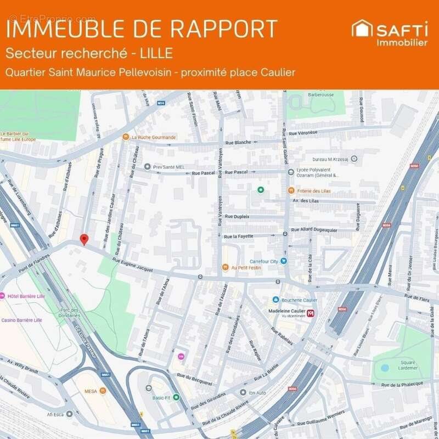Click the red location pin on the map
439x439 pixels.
click(84, 239)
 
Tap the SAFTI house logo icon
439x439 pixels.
click(362, 29)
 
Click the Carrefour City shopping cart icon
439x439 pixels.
click(284, 261)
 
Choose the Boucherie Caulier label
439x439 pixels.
click(299, 300)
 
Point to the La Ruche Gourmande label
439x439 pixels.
click(154, 137)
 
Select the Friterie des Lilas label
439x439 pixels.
click(315, 190)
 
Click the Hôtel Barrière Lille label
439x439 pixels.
click(25, 296)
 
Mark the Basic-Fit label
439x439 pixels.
click(161, 397)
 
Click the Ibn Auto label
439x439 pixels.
click(256, 392)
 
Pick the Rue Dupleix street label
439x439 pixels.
click(237, 217)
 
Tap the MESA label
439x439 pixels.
click(90, 392)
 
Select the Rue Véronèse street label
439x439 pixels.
click(303, 133)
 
